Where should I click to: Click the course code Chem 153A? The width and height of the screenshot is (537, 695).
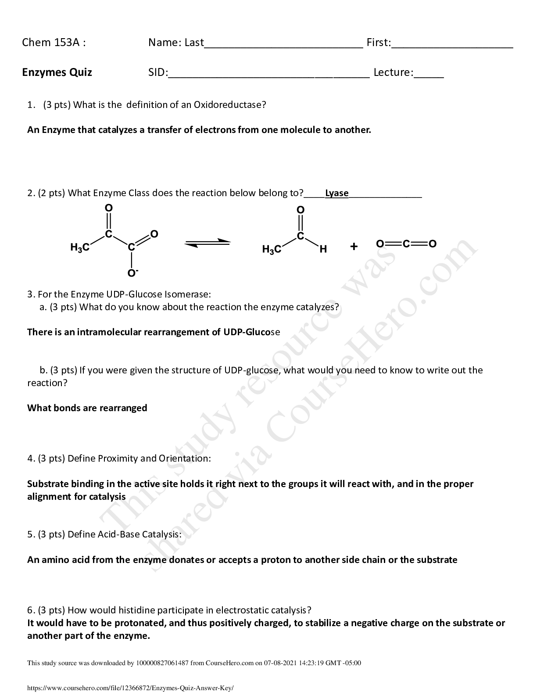[x=54, y=43]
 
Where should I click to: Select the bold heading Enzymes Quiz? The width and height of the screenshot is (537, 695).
[x=57, y=72]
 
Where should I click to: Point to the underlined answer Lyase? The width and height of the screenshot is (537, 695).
[x=337, y=193]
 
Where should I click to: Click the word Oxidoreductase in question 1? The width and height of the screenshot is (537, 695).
[x=229, y=105]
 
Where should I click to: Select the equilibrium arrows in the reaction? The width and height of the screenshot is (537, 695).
[x=207, y=243]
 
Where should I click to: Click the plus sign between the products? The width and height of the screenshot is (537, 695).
[x=354, y=247]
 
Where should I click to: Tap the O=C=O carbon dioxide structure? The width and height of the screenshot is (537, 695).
[x=406, y=244]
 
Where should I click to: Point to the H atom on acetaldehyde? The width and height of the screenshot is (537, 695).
[x=323, y=250]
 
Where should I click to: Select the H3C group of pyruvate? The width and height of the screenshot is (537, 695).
[x=80, y=248]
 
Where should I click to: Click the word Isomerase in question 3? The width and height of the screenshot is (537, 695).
[x=188, y=294]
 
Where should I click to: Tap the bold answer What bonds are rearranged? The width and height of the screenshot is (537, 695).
[x=87, y=408]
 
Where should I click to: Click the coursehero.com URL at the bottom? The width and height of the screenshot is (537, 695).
[x=130, y=688]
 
